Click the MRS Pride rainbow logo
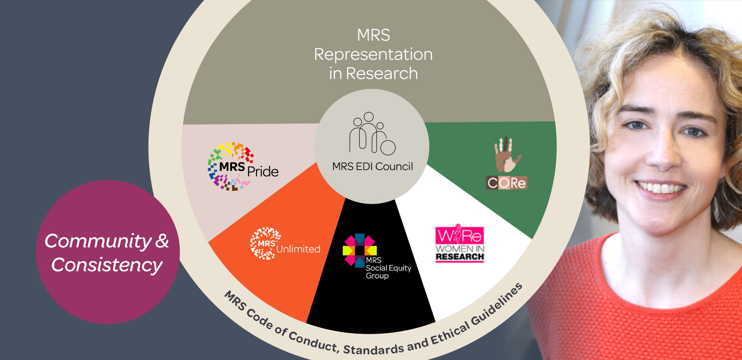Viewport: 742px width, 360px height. [231, 166]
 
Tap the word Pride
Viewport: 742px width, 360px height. [263, 171]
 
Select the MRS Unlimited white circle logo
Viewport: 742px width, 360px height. [265, 243]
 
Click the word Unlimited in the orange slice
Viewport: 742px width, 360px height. [298, 249]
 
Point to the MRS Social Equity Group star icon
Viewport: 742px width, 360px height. [359, 250]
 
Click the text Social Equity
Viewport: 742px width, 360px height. [388, 268]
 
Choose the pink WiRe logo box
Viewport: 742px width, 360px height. [459, 235]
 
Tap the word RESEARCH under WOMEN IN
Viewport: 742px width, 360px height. [460, 257]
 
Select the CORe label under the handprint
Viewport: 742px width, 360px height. [507, 183]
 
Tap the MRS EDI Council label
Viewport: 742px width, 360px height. [372, 167]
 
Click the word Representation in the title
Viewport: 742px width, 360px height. [373, 55]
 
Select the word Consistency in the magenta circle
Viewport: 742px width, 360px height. [107, 265]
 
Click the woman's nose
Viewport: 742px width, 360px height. [664, 156]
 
